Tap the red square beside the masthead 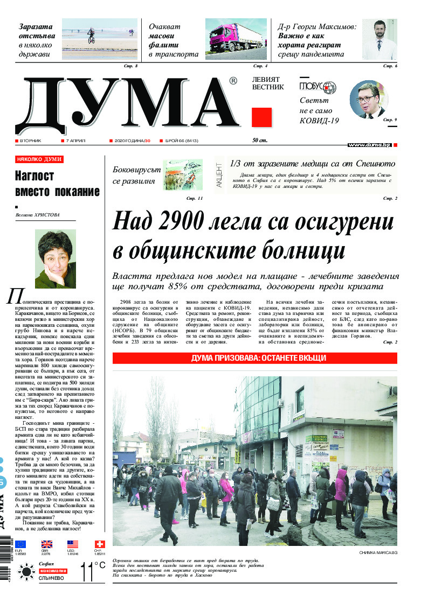pyautogui.click(x=262, y=117)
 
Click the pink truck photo pyautogui.click(x=236, y=39)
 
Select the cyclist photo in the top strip pyautogui.click(x=100, y=39)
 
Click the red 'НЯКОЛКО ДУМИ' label pyautogui.click(x=39, y=159)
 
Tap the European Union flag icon pyautogui.click(x=20, y=544)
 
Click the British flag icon pyautogui.click(x=47, y=544)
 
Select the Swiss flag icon pyautogui.click(x=100, y=544)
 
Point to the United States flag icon pyautogui.click(x=73, y=544)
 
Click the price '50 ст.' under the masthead pyautogui.click(x=260, y=141)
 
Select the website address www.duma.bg pyautogui.click(x=369, y=145)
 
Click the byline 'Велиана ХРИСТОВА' pyautogui.click(x=38, y=215)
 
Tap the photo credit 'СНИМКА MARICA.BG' pyautogui.click(x=378, y=553)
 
